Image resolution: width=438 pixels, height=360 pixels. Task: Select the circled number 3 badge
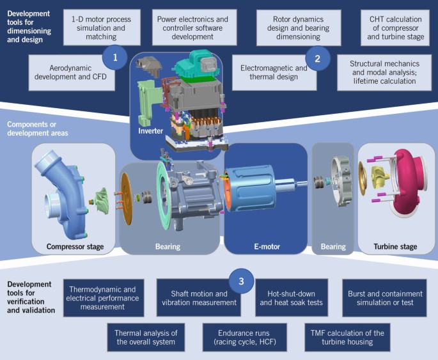[241, 281]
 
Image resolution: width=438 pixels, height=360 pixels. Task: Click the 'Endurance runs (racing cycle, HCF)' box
[244, 338]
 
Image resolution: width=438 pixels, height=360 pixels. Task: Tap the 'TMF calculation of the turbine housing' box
[348, 338]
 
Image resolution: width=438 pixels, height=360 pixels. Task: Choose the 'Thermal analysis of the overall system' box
[145, 338]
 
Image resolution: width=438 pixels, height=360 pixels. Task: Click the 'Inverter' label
[150, 130]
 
